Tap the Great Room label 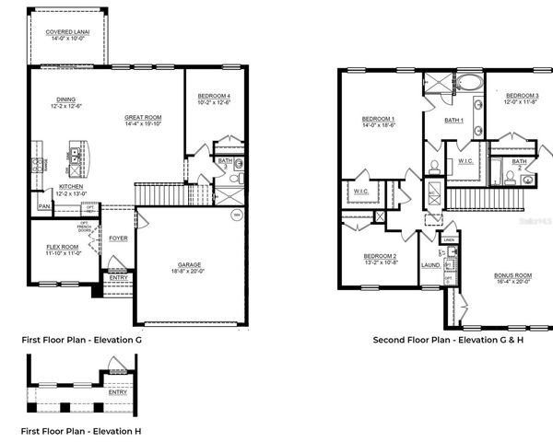[144, 117]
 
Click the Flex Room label [63, 247]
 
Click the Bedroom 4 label [215, 97]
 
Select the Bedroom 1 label [379, 120]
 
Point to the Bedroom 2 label [380, 256]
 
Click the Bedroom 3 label [522, 96]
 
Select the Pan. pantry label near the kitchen [44, 206]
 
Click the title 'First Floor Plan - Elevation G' [82, 340]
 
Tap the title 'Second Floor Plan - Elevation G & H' [448, 340]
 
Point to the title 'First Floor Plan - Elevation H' [82, 429]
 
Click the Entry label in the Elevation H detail [118, 391]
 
